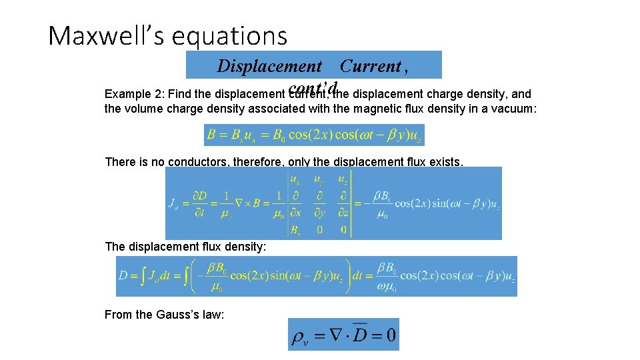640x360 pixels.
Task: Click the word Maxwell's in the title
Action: point(106,35)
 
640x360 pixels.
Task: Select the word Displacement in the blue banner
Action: point(269,66)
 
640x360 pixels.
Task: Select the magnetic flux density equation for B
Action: point(314,135)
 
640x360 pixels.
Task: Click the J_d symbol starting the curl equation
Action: point(175,204)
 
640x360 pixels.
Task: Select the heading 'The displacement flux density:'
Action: point(185,247)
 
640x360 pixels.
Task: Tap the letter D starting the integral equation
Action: point(123,276)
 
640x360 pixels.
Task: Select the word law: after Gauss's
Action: point(213,314)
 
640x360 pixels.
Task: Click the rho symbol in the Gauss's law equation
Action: point(299,336)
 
